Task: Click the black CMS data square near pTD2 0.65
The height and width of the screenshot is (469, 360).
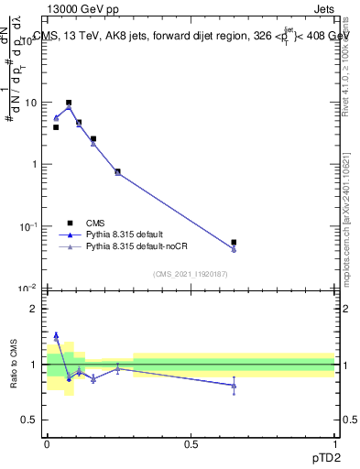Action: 235,243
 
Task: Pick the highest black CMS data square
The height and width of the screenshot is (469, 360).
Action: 69,104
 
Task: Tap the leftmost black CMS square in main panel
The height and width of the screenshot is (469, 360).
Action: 56,127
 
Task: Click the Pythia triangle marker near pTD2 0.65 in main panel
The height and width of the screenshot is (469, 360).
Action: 235,249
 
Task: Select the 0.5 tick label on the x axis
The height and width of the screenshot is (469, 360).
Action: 191,442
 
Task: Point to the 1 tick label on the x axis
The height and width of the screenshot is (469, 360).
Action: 334,442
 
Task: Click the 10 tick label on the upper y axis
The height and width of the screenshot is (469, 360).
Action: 29,103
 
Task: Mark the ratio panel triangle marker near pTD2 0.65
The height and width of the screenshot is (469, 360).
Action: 235,386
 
